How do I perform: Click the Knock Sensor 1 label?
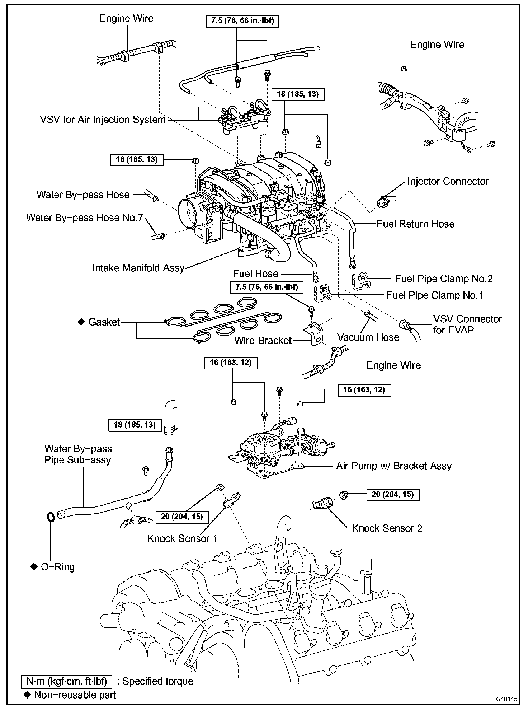182,538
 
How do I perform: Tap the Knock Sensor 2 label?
387,528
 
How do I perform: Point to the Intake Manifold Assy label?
138,268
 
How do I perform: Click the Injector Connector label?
448,181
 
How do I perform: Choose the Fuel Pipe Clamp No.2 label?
444,279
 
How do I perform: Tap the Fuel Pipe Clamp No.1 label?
435,295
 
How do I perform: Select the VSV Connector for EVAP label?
467,324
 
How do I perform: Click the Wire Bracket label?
263,340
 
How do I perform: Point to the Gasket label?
104,322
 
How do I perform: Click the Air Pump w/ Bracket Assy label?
393,466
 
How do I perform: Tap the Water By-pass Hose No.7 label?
85,218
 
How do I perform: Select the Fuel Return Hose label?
415,224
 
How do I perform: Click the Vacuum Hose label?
368,337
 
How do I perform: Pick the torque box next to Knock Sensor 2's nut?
393,495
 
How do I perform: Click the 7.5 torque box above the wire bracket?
267,287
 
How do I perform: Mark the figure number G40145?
506,699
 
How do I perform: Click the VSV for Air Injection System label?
103,120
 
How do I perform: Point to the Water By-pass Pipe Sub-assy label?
78,454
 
